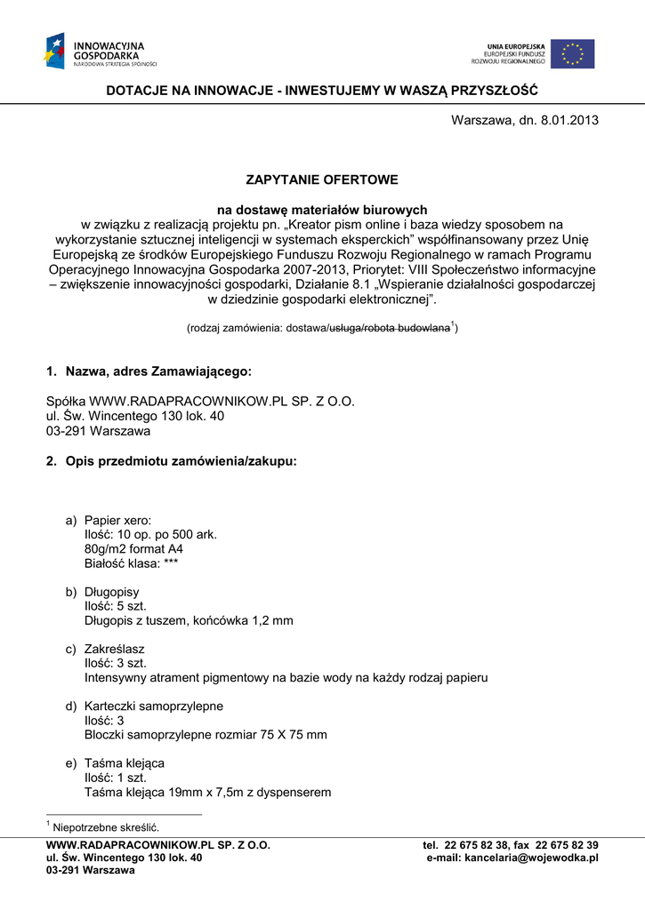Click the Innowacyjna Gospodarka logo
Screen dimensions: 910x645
[100, 51]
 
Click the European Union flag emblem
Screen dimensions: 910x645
[572, 53]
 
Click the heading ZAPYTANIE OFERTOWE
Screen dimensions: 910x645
[322, 180]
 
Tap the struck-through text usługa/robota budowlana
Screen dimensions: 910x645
[389, 328]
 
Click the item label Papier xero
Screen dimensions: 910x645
[117, 520]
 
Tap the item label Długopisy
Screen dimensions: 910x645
[111, 591]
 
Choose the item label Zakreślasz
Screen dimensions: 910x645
[114, 649]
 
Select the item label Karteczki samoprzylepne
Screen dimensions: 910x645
[153, 706]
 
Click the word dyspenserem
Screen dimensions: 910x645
[294, 792]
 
